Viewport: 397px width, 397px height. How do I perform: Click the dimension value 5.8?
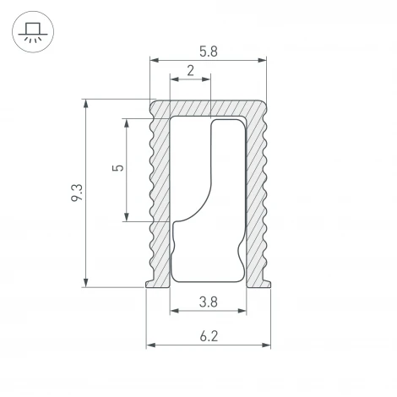pyautogui.click(x=208, y=50)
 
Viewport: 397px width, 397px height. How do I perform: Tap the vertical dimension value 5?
pyautogui.click(x=117, y=168)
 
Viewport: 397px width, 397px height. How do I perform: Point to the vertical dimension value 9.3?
pyautogui.click(x=77, y=193)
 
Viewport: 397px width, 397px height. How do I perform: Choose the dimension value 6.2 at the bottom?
pyautogui.click(x=209, y=336)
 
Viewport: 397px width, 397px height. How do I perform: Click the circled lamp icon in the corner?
pyautogui.click(x=31, y=31)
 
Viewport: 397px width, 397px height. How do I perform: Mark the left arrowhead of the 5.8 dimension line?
pyautogui.click(x=153, y=61)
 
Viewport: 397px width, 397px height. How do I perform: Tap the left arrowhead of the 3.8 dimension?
pyautogui.click(x=174, y=311)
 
